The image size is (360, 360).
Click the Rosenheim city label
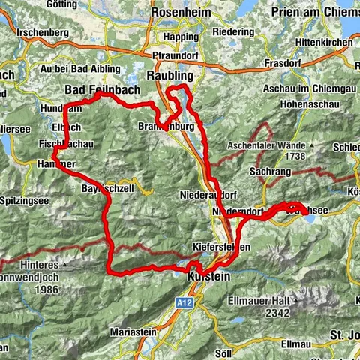click(181, 13)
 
